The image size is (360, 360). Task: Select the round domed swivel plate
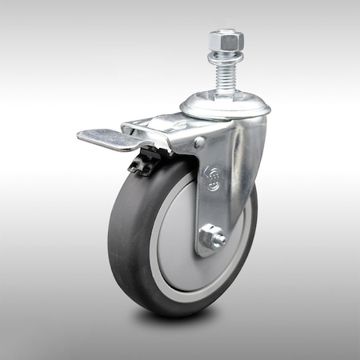click(224, 106)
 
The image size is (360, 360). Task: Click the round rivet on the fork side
click(199, 142)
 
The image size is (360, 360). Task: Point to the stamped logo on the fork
click(212, 177)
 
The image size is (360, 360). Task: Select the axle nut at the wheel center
click(212, 238)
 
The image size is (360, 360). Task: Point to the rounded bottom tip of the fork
click(210, 253)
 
